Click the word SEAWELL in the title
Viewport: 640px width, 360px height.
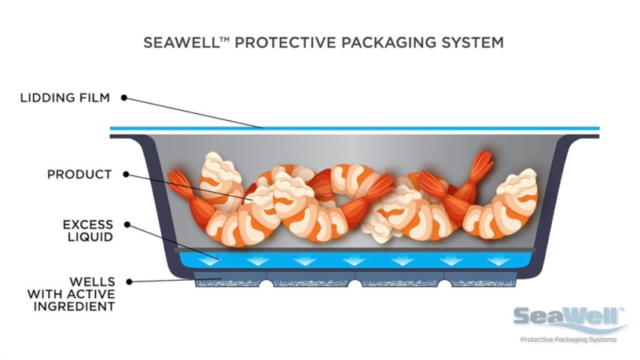pos(181,42)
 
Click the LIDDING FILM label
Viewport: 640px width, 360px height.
pos(65,98)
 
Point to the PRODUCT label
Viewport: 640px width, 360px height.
pos(79,174)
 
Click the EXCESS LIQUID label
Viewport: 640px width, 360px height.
pos(88,230)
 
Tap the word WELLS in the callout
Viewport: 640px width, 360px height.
pos(92,282)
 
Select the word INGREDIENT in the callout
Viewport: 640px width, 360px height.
pos(74,307)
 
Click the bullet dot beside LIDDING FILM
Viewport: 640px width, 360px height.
pos(123,98)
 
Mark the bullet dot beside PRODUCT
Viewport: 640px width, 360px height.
pos(126,174)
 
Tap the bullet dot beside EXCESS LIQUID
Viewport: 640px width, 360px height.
pos(127,224)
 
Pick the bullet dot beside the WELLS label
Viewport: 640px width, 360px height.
pos(129,282)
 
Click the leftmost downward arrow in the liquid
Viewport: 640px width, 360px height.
pos(210,261)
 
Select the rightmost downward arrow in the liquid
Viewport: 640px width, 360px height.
pos(498,261)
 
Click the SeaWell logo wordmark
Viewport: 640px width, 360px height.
pos(568,317)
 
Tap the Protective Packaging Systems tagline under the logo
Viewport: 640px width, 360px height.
pos(568,339)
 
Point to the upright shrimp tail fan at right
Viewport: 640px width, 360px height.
pos(482,165)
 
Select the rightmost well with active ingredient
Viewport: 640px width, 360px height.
pos(480,279)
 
